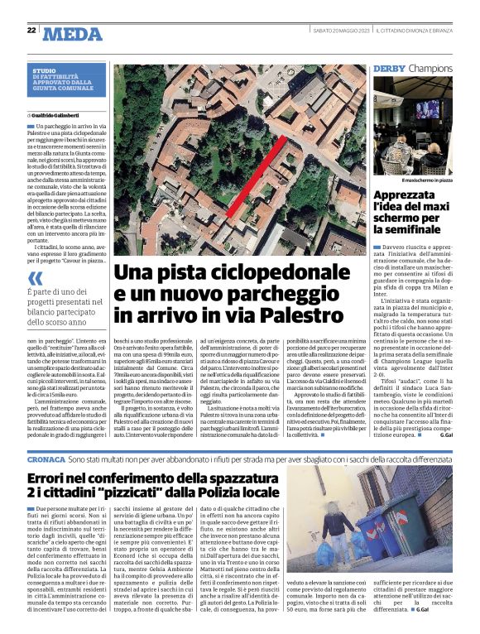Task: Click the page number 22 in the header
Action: point(31,30)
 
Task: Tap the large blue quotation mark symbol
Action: point(36,278)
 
